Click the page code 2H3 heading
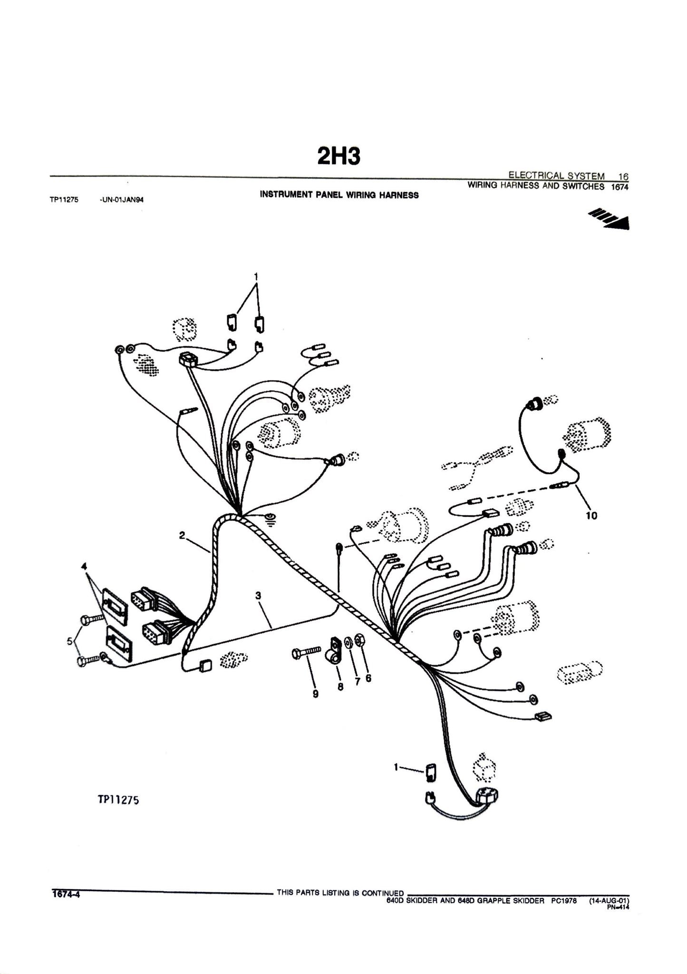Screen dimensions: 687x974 pos(339,156)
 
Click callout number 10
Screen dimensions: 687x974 pos(591,515)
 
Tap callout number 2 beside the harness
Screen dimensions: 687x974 pos(182,535)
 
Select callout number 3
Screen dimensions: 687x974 pos(258,596)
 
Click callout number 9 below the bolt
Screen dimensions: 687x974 pos(315,694)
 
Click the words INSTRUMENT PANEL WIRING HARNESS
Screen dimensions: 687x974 pos(339,195)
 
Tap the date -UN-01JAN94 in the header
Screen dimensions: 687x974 pos(122,200)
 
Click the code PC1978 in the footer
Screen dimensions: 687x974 pos(564,900)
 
